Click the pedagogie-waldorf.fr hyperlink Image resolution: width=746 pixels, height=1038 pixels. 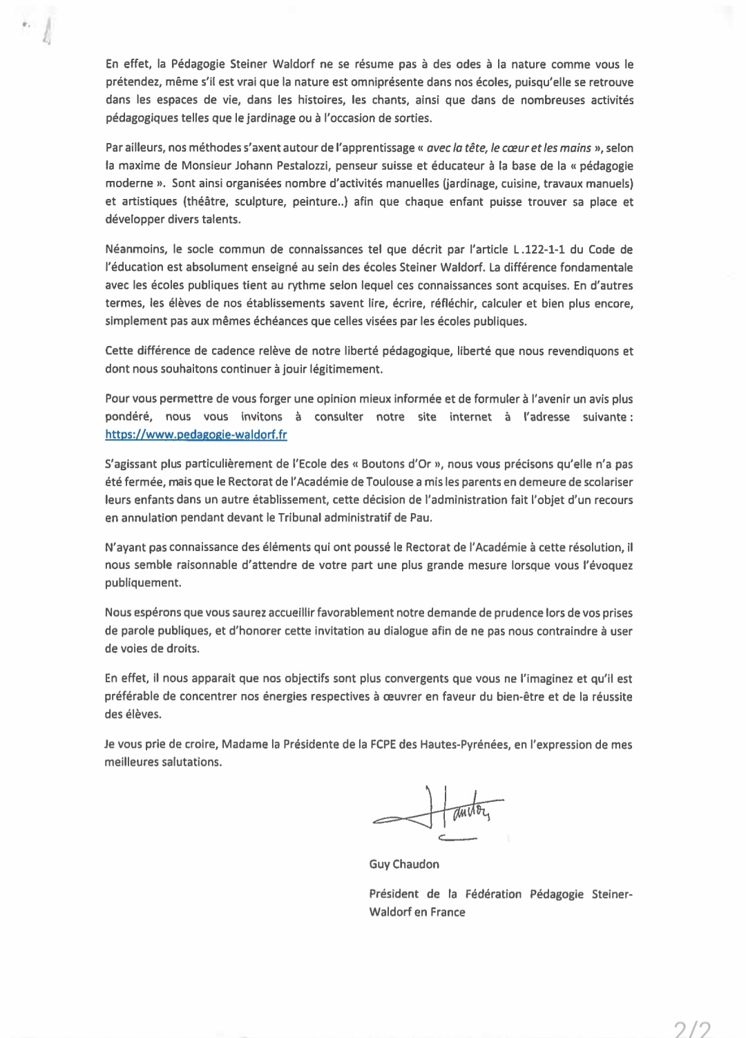click(196, 434)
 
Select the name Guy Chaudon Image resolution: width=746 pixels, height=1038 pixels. click(404, 864)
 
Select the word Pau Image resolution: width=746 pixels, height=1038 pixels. click(425, 517)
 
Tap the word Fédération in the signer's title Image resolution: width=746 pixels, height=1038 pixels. click(494, 894)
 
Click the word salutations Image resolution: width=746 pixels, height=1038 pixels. click(188, 762)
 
